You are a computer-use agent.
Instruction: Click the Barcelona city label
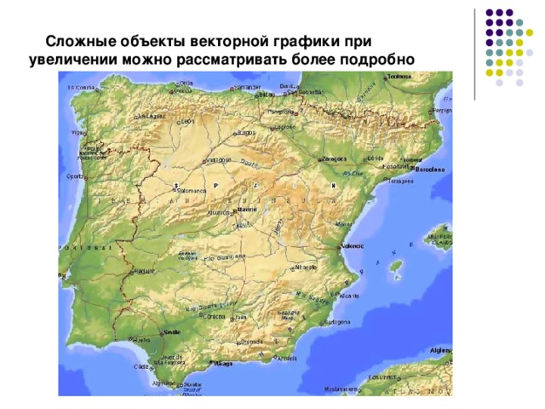(x=429, y=170)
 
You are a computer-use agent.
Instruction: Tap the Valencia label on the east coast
(x=353, y=246)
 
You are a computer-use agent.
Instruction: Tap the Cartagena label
(x=337, y=322)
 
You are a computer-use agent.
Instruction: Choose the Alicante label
(x=349, y=296)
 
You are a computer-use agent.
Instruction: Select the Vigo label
(x=77, y=133)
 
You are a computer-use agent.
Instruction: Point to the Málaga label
(x=224, y=363)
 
